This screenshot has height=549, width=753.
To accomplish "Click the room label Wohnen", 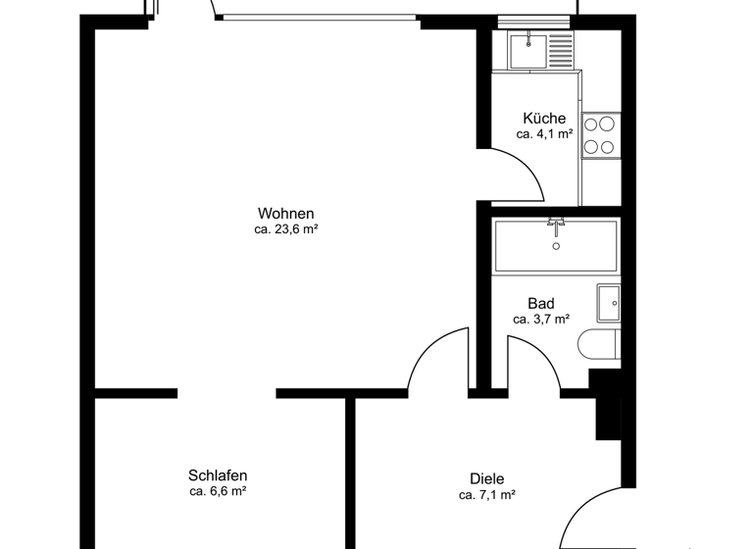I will [286, 214].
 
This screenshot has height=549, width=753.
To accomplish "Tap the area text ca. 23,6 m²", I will [286, 230].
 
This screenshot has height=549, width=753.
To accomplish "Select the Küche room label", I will [544, 119].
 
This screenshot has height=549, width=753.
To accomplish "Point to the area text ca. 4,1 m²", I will [544, 135].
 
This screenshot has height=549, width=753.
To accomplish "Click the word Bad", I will [540, 303].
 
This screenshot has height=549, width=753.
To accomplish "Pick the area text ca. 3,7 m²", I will [540, 320].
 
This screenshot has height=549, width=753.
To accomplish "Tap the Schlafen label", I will [218, 474].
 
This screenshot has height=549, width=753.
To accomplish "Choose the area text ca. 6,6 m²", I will [218, 490].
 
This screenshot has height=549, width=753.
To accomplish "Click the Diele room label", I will [487, 478].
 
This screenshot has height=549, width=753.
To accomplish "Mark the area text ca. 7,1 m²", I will [487, 495].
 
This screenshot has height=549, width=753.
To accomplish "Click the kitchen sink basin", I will [528, 50].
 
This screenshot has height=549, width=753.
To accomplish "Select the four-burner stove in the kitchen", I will [600, 135].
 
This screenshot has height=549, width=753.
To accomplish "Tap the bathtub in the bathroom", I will [556, 246].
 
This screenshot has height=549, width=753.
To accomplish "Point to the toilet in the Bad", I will [599, 347].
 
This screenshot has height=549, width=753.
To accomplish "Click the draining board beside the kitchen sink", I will [560, 50].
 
